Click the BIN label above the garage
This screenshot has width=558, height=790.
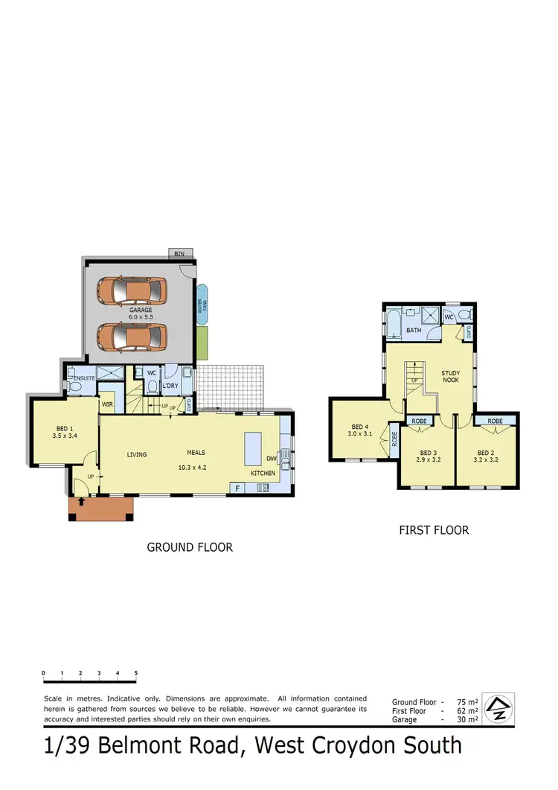pos(179,254)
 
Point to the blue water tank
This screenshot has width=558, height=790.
pos(202,305)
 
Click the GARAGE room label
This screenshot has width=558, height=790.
pos(140,310)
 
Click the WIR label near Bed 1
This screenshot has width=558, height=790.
pos(107,404)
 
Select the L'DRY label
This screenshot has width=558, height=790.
pos(170,384)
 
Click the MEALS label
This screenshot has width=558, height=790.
pos(196,452)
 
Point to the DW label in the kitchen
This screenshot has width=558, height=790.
pos(272,459)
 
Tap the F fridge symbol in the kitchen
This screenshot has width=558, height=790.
pos(238,488)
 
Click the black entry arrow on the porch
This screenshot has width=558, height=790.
pos(81,503)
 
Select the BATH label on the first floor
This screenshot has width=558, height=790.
pos(413,329)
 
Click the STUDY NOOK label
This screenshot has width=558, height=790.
pos(451,376)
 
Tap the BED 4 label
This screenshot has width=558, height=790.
pos(360,427)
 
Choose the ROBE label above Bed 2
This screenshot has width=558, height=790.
pos(495,421)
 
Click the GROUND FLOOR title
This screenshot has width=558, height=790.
pos(190,547)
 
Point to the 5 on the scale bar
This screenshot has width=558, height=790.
pos(136,672)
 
